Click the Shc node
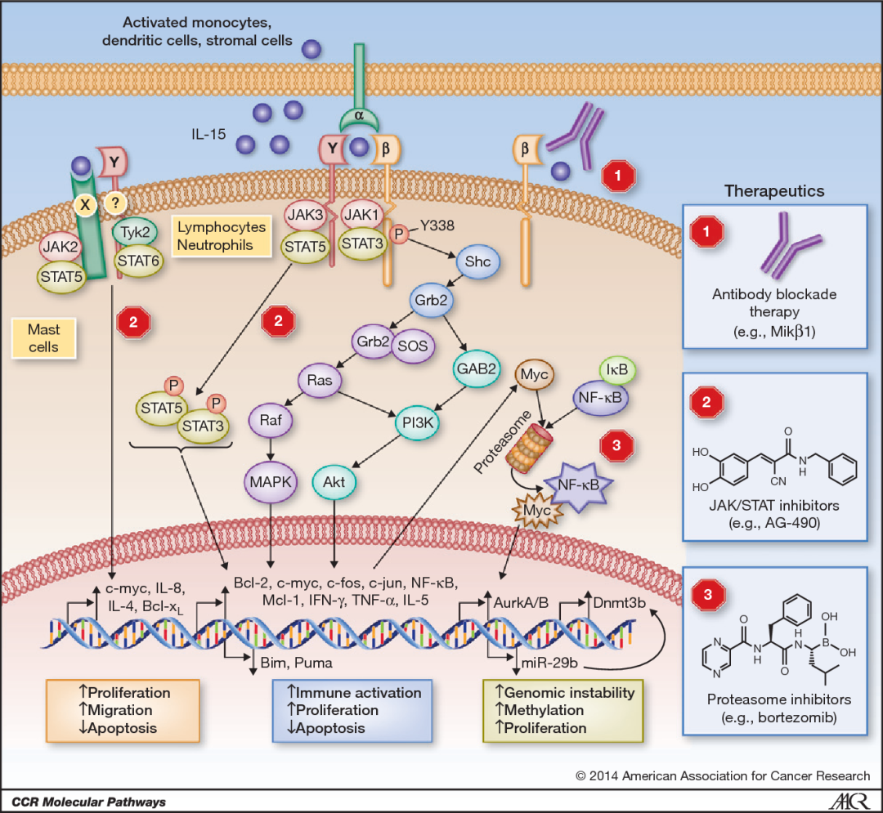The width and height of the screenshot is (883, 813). [x=477, y=261]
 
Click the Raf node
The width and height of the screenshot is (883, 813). [x=271, y=422]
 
